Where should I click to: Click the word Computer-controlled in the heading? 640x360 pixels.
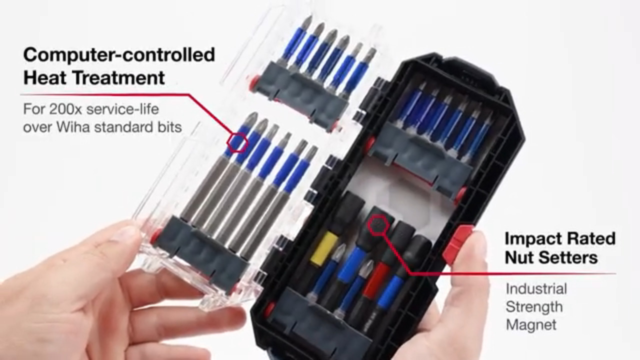coord(119,55)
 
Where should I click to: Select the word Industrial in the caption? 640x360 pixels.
coord(536,289)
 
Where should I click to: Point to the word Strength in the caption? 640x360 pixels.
coord(534,307)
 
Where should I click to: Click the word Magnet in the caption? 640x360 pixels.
coord(531,325)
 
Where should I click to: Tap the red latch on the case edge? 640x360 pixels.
coord(458,242)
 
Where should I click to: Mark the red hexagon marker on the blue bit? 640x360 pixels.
coord(237,142)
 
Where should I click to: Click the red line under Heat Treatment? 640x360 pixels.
coord(104,94)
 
